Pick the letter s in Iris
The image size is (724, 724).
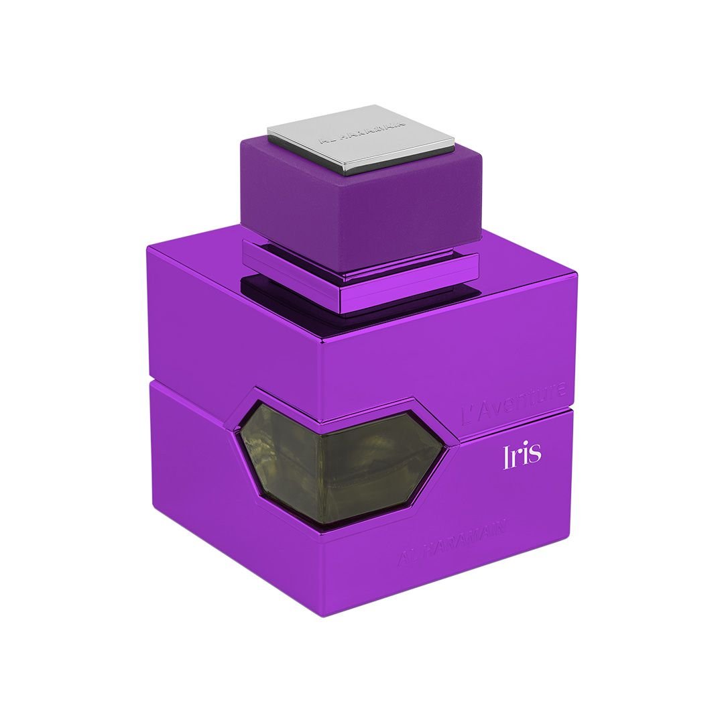pos(534,457)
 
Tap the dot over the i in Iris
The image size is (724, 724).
pos(525,445)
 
